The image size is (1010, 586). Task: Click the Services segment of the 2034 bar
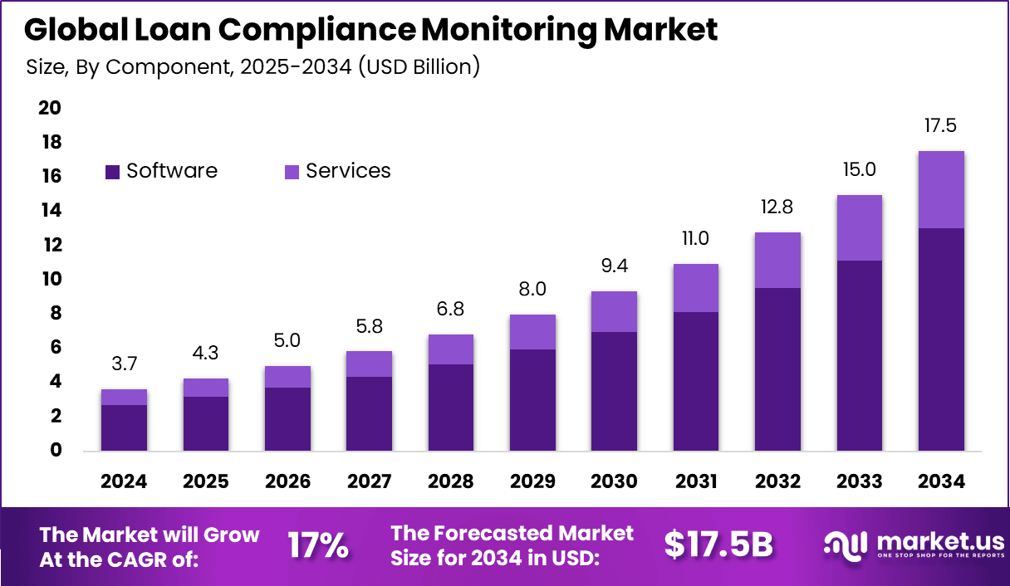click(x=941, y=189)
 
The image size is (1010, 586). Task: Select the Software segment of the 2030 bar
click(x=614, y=391)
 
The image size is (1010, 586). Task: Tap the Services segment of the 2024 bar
click(x=124, y=397)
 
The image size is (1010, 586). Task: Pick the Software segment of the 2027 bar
click(x=369, y=413)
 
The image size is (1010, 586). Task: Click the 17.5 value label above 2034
click(x=941, y=126)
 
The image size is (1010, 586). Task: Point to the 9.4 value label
click(x=614, y=266)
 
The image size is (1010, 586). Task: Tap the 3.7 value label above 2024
click(x=124, y=364)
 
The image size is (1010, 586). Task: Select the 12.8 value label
click(x=777, y=207)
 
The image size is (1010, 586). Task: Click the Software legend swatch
click(x=113, y=172)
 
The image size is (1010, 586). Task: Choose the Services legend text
click(x=348, y=171)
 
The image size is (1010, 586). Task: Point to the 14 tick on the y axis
click(x=51, y=211)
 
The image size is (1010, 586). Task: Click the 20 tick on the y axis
click(x=51, y=108)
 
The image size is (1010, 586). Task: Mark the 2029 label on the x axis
click(x=532, y=482)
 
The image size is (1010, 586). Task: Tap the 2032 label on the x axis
click(x=777, y=482)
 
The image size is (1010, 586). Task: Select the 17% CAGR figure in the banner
click(x=317, y=545)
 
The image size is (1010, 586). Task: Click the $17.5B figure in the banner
click(x=718, y=545)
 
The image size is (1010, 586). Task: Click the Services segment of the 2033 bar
click(x=860, y=228)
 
